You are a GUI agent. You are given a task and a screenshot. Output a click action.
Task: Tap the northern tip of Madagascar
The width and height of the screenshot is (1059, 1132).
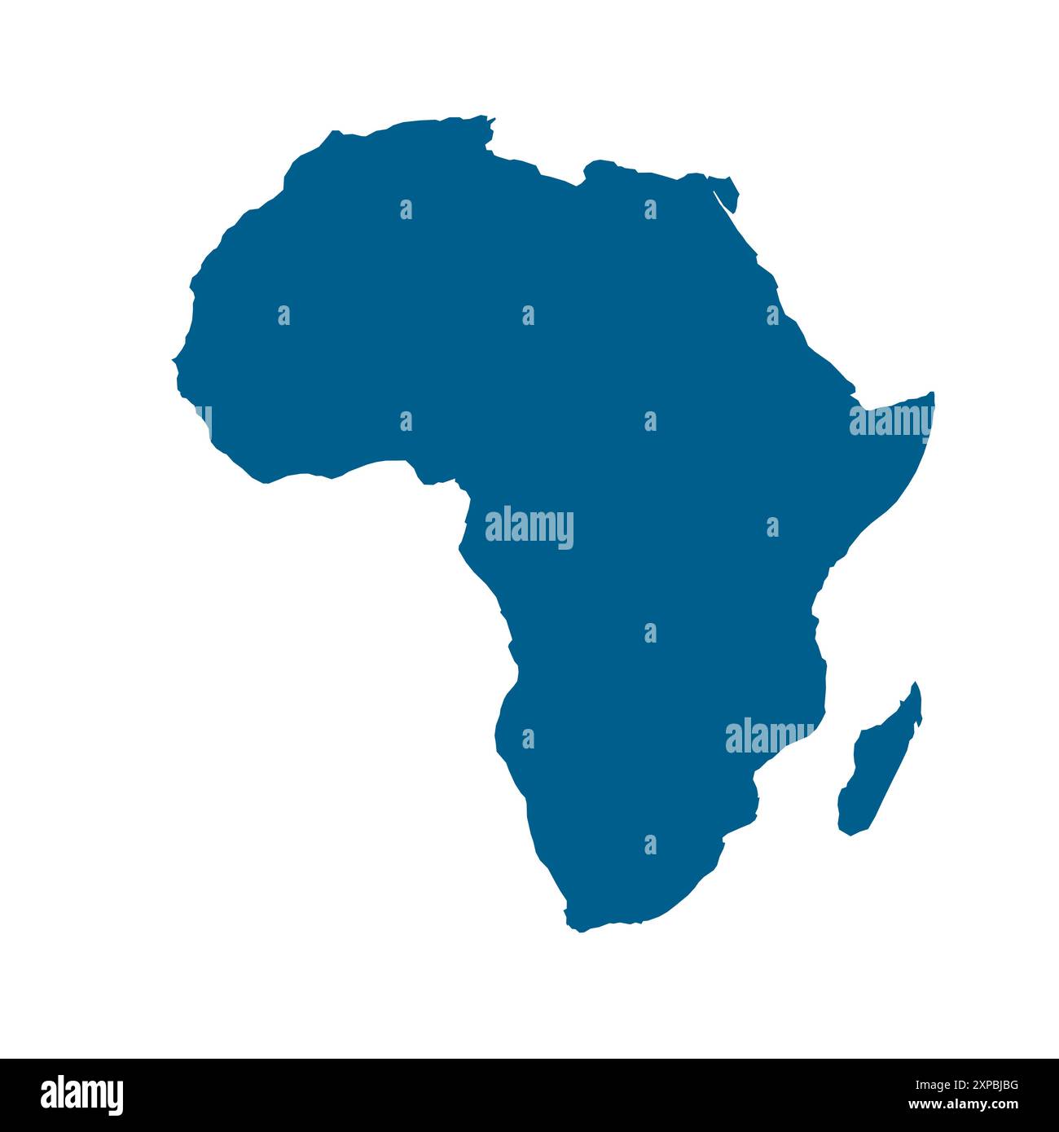[916, 684]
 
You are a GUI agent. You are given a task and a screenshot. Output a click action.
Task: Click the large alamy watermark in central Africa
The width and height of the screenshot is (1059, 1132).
[529, 527]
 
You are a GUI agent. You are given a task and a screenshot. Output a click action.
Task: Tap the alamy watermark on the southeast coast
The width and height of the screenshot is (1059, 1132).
[769, 736]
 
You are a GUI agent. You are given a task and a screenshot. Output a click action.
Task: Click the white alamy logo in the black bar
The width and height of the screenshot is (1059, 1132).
[82, 1095]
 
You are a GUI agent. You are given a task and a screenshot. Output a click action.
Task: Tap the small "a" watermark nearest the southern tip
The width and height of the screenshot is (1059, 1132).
[650, 845]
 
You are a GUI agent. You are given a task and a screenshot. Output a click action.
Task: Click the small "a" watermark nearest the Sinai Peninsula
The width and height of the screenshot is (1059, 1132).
[650, 209]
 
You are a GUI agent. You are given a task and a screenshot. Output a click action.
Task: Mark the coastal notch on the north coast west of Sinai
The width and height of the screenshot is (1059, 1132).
[583, 173]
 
